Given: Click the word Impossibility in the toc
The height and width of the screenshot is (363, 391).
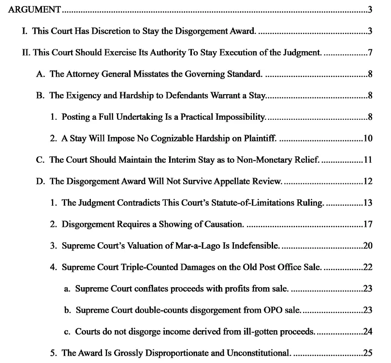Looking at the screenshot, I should (x=241, y=117).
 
